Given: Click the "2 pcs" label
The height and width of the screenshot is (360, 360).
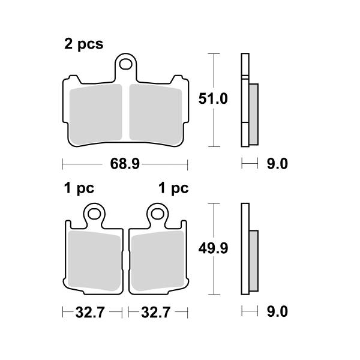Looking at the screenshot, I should click(83, 44).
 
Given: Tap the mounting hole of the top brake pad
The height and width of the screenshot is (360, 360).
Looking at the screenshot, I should click(126, 62).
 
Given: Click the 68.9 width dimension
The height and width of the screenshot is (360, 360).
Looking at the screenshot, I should click(125, 163).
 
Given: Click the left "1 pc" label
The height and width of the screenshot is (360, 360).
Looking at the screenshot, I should click(79, 188).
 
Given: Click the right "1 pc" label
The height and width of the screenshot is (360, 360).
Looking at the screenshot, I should click(173, 188).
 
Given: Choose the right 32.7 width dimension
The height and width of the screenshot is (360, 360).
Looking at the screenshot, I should click(155, 312).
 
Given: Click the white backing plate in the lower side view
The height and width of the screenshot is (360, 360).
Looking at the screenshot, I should click(244, 222).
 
